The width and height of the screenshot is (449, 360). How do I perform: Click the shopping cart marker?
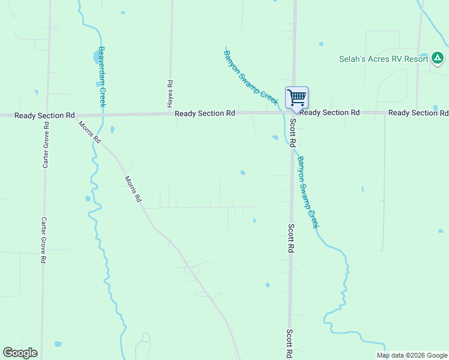click(x=297, y=97)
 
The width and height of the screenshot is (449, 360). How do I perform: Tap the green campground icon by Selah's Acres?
click(x=438, y=58)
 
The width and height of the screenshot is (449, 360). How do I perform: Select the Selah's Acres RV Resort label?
click(x=383, y=59)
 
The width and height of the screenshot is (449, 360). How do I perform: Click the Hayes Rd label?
click(x=170, y=94)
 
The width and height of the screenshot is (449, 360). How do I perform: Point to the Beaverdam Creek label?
click(x=102, y=76)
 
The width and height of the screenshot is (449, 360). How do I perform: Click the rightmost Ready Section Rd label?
click(x=418, y=113)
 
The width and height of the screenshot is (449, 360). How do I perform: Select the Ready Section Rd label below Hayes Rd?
click(x=205, y=113)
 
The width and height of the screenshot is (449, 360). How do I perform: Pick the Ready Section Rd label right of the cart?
click(x=330, y=113)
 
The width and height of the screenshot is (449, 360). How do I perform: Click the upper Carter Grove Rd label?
click(x=46, y=145)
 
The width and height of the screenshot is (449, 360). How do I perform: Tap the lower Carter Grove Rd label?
click(x=43, y=240)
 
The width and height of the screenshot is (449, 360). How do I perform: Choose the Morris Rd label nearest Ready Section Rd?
click(x=89, y=132)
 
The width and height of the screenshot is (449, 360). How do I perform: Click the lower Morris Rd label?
click(x=133, y=188)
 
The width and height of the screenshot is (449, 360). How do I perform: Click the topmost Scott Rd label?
click(x=293, y=133)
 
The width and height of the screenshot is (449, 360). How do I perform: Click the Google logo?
click(x=20, y=353)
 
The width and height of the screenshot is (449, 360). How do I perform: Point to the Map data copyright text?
click(x=411, y=355)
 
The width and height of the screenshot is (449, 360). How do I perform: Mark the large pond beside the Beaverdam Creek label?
click(x=97, y=58)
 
